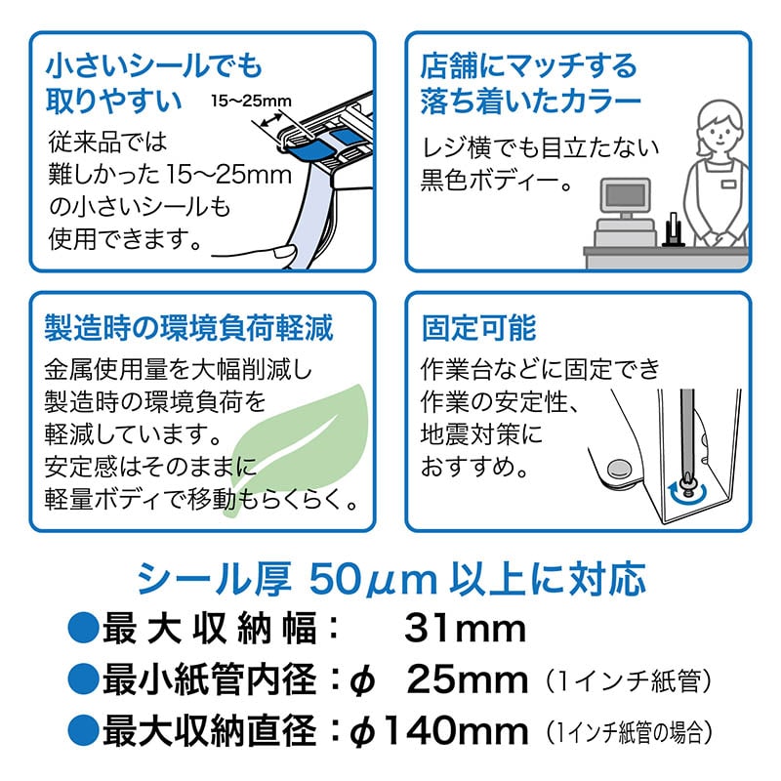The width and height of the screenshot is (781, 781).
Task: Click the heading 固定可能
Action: point(478,328)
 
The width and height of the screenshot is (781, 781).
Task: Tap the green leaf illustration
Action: point(299,443)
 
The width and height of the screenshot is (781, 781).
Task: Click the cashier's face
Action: point(719,132)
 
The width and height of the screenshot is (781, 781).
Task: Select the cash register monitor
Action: point(625,197)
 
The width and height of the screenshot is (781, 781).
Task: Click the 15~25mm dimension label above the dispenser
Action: point(251,102)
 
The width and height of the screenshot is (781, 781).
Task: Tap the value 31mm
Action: point(466,629)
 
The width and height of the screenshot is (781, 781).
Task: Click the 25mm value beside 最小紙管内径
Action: point(468,679)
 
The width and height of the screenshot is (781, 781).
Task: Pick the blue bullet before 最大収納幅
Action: point(83,629)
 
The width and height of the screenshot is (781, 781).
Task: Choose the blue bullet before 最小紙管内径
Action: point(83,679)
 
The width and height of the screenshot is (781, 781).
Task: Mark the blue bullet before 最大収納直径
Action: point(83,730)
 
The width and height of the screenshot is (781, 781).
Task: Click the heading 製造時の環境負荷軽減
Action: point(188,328)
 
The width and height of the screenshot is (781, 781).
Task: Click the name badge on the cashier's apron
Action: point(728,185)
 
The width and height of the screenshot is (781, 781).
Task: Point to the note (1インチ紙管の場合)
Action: point(629,732)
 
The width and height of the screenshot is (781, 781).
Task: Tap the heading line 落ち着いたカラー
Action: point(530,102)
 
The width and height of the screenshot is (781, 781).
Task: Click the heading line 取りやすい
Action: point(113,101)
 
